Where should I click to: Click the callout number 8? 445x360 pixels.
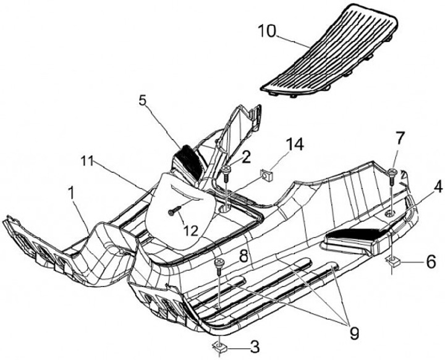[245, 254]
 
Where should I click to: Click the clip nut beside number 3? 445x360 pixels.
[219, 346]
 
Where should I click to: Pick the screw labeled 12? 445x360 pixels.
[173, 212]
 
